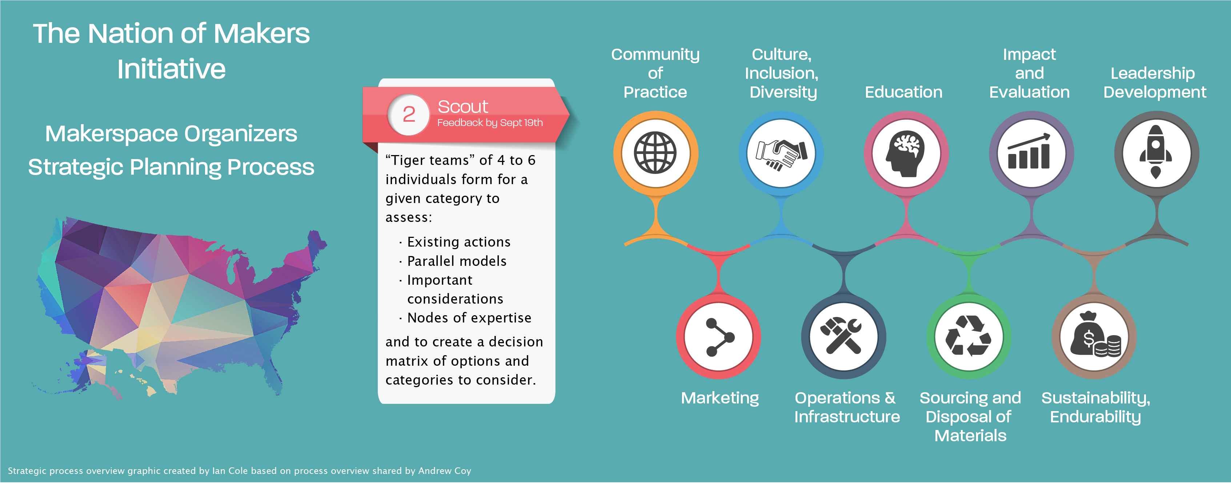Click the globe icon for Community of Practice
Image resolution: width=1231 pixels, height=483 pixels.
pos(655,153)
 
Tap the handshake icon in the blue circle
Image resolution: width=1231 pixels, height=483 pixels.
pos(781,154)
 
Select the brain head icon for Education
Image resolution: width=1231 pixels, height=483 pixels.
pos(906,154)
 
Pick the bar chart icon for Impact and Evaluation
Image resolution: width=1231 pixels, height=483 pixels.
pos(1030,153)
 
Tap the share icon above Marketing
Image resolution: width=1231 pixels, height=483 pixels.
pos(719,337)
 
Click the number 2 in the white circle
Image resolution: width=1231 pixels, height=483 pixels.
pos(409,114)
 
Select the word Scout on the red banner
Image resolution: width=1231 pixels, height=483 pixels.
pos(462,106)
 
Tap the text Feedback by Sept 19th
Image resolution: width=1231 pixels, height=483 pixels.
pos(490,123)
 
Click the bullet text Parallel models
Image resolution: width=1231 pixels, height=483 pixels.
pos(456,261)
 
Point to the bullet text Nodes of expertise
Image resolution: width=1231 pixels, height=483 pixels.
pos(469,318)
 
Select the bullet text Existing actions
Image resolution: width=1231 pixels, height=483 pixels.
pos(458,242)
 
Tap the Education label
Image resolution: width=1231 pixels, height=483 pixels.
pos(903,92)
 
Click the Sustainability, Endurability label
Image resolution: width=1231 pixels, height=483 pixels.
pos(1095,407)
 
